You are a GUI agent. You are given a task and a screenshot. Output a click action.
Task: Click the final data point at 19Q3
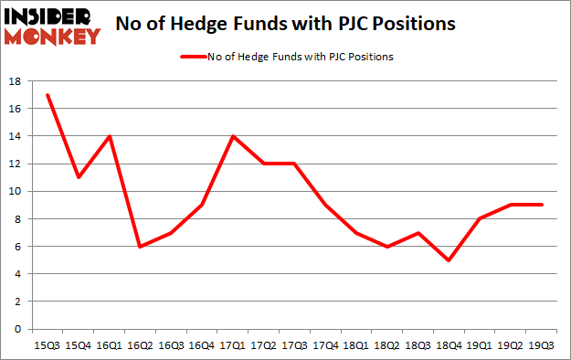tap(541, 205)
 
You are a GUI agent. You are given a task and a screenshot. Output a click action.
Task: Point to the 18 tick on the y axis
tap(16, 81)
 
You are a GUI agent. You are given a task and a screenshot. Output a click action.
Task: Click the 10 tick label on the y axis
tap(16, 191)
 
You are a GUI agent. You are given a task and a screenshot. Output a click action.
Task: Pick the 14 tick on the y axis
tap(16, 136)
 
